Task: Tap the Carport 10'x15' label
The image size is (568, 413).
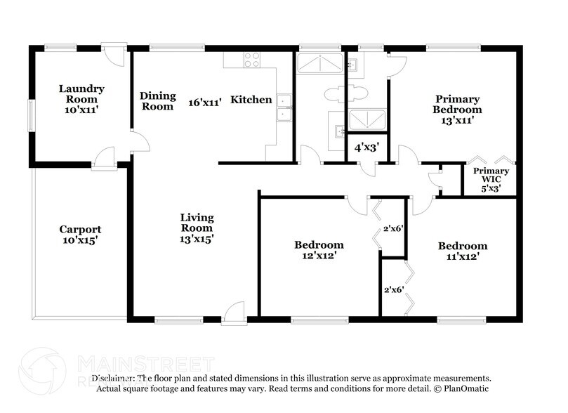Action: pos(80,235)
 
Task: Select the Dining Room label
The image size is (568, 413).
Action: pos(157,101)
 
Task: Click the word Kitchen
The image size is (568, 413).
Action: pos(251,100)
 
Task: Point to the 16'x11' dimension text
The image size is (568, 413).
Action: pos(205,102)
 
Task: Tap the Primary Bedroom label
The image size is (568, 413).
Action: pos(457,105)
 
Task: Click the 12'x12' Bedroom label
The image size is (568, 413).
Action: pos(319,250)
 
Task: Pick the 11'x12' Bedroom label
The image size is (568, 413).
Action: pos(462,251)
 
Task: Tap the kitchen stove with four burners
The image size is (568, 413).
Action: pos(252,60)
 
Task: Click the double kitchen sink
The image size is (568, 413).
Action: pos(284,108)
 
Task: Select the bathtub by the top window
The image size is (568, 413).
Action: pos(319,64)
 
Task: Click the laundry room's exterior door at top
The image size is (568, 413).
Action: pos(113,55)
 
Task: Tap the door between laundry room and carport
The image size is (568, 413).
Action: pos(105,158)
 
